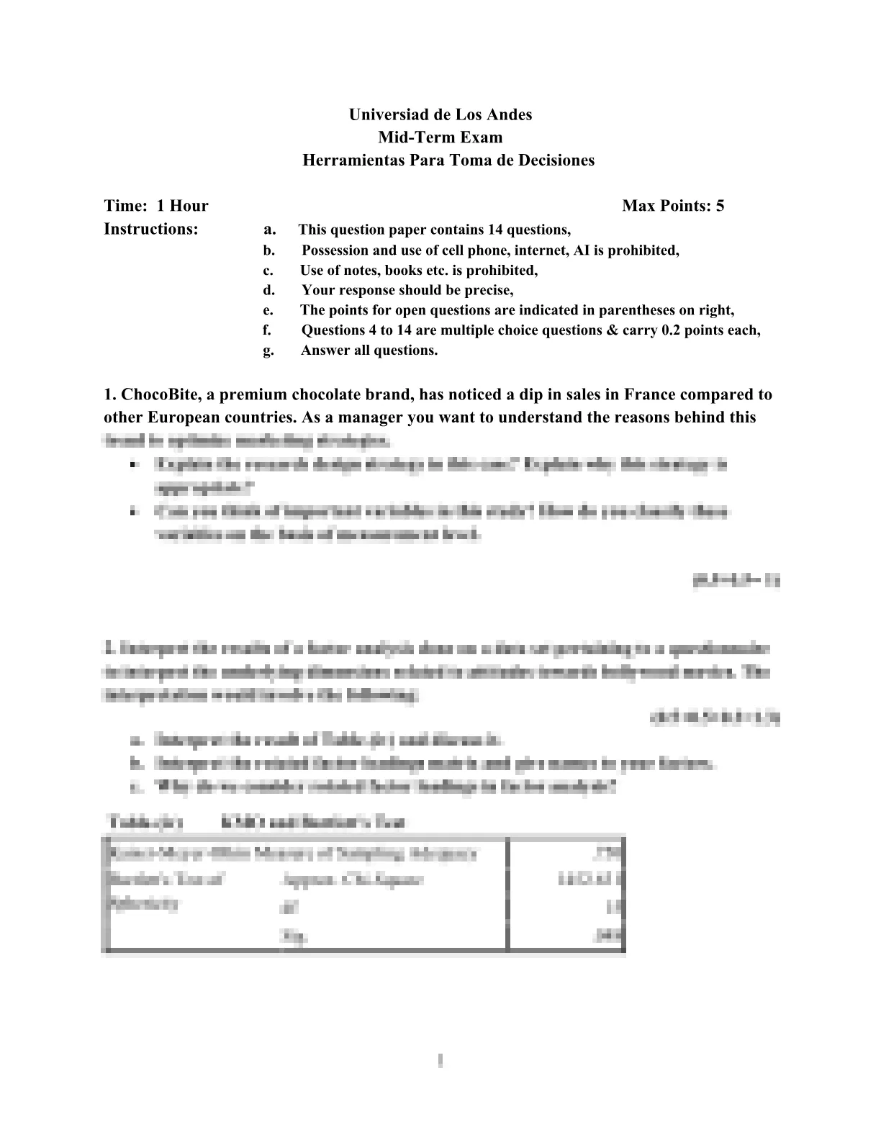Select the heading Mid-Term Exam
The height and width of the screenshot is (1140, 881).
click(440, 137)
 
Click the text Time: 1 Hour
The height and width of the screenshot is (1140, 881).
click(156, 206)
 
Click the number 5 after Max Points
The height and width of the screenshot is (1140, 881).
click(720, 206)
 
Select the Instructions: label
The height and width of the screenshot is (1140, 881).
click(151, 229)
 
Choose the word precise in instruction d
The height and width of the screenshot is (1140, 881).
click(490, 291)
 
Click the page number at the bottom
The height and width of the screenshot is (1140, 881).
click(440, 1060)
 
